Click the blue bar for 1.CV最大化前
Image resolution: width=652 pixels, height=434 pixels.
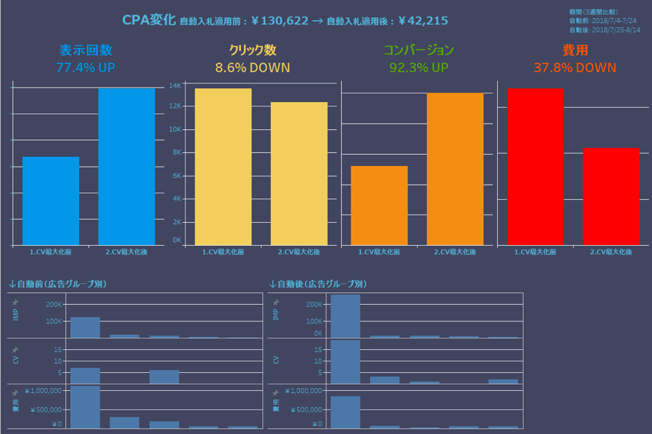pos(51,201)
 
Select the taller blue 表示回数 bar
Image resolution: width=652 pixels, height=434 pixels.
pos(126,167)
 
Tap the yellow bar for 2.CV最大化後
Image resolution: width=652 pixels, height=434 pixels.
pos(299,174)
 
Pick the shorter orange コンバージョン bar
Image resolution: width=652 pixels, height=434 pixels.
pos(379,206)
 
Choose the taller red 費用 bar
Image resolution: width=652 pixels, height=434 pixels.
pos(535,167)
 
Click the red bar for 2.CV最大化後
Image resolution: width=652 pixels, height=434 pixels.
pos(611,197)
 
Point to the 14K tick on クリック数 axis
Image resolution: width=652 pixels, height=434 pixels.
pos(176,85)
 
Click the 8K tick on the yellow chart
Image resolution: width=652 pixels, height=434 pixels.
pos(177,152)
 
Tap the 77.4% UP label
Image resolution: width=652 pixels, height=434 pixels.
pos(85,67)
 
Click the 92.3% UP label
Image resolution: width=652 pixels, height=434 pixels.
pos(419,67)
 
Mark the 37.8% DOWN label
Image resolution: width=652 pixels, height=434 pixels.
pos(575,67)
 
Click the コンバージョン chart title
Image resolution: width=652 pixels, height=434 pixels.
pos(419,50)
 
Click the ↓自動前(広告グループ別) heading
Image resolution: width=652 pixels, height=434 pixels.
pos(58,284)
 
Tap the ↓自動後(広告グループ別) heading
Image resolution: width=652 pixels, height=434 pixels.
pos(318,284)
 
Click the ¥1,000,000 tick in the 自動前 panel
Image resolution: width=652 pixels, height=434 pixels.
pos(42,390)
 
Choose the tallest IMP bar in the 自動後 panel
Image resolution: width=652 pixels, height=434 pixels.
pos(345,316)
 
